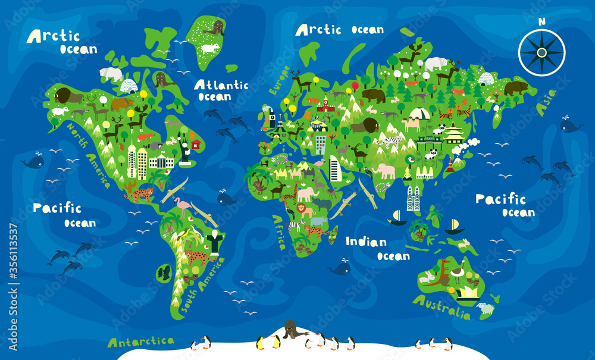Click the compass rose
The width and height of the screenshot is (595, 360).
(x=541, y=52)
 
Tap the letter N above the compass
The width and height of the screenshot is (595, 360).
(x=541, y=21)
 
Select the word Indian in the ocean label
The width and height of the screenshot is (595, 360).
(x=366, y=242)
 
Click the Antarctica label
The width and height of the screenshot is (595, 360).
(x=141, y=342)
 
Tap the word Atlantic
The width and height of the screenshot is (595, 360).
(x=221, y=85)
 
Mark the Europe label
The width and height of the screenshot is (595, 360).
(x=277, y=80)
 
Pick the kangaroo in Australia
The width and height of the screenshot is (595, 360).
(x=443, y=271)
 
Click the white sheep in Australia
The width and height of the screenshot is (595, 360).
(x=486, y=308)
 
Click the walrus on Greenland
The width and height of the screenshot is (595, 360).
(x=214, y=28)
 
